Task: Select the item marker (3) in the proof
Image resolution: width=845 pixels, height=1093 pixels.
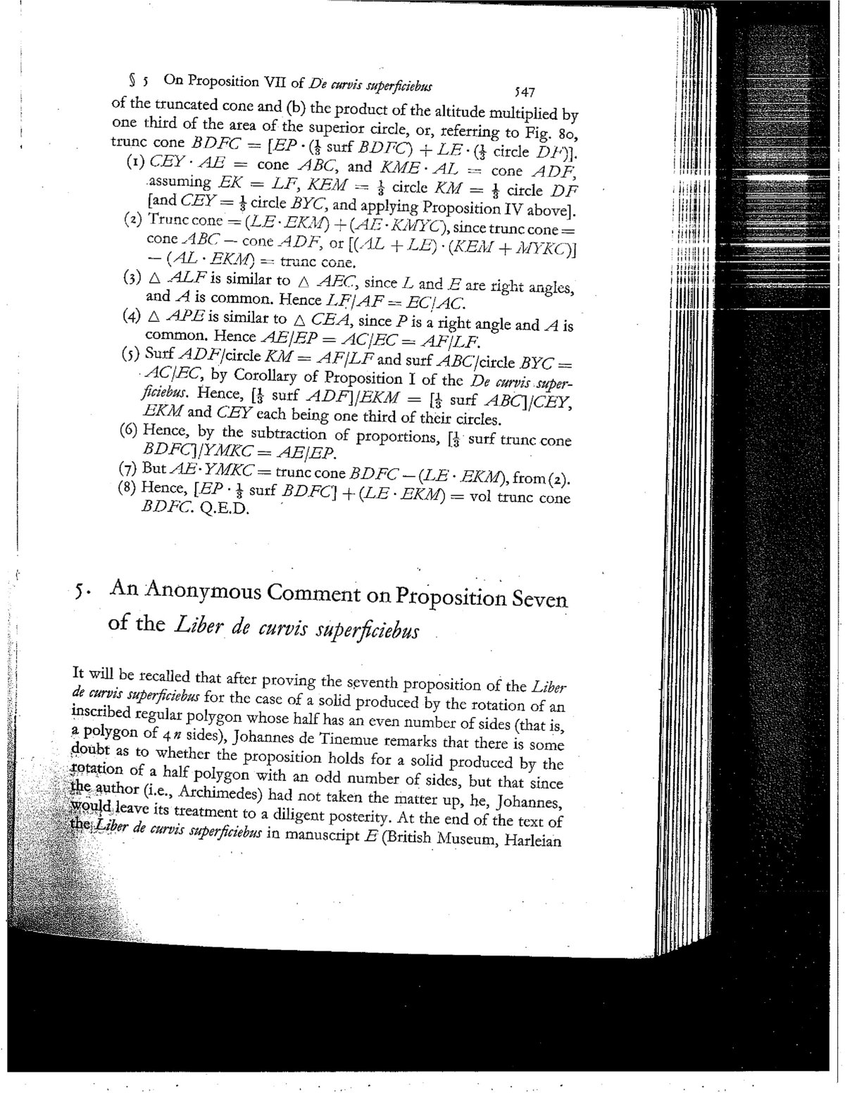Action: point(133,277)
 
